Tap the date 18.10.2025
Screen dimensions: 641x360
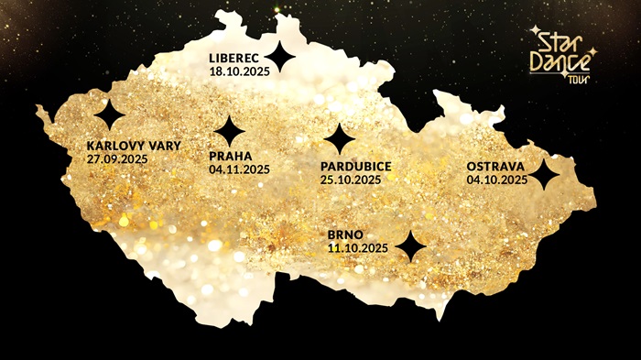(x=240, y=71)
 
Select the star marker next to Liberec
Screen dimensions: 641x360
(x=281, y=58)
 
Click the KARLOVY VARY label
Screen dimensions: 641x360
(x=134, y=146)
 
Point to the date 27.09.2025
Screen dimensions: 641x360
(x=117, y=158)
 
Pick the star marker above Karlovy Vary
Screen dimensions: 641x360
(x=110, y=115)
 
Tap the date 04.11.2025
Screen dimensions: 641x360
(x=239, y=169)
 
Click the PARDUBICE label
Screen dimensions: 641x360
(x=356, y=166)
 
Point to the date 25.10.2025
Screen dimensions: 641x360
(x=351, y=180)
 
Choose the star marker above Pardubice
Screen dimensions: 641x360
(x=340, y=138)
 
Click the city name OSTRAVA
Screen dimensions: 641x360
(x=495, y=167)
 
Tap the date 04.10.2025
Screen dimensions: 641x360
(x=496, y=180)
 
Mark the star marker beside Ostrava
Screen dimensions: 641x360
(x=545, y=174)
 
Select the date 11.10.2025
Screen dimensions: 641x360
(x=358, y=248)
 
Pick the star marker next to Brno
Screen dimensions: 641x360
(x=411, y=245)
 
